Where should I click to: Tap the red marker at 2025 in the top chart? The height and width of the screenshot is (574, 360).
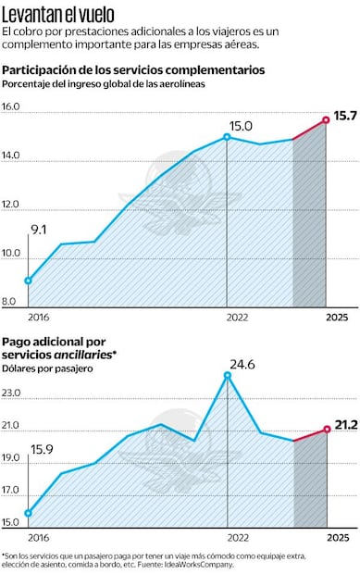click(326, 119)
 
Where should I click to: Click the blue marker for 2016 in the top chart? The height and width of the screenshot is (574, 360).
click(29, 281)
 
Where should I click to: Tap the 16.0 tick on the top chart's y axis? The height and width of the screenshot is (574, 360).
click(12, 107)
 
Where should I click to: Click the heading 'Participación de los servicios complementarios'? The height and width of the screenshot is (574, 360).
click(133, 70)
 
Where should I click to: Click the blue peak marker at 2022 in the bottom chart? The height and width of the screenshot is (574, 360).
click(227, 375)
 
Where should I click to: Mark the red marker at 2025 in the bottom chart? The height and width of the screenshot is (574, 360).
click(326, 429)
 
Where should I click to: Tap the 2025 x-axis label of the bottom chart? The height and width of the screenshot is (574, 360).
click(338, 537)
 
